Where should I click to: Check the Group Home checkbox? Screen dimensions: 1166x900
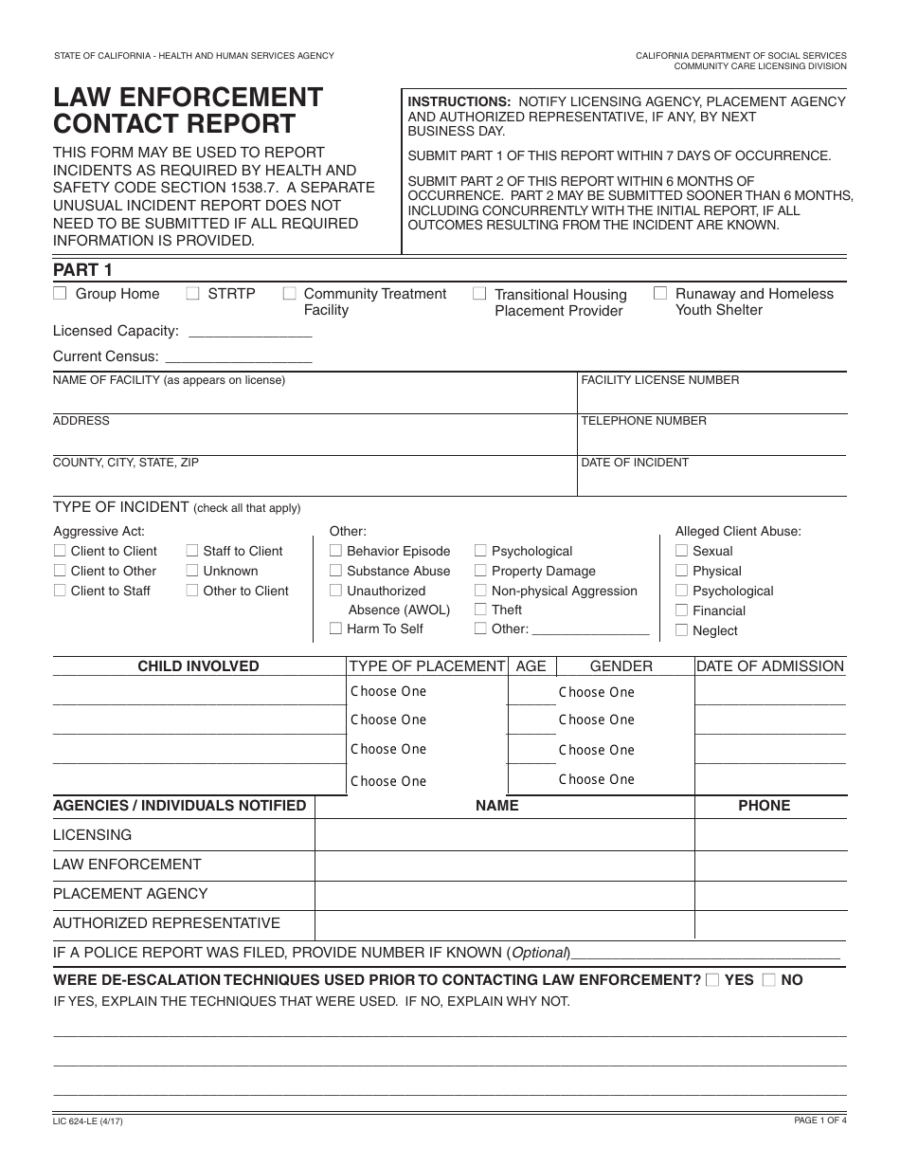click(60, 294)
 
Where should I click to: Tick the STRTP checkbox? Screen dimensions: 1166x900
click(192, 294)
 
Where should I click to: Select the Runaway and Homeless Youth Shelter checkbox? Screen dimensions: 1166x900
click(660, 294)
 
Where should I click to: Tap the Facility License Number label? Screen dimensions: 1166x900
click(659, 380)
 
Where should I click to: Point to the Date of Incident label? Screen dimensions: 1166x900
click(635, 463)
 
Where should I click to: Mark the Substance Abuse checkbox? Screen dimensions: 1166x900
click(335, 571)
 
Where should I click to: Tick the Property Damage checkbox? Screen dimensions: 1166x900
click(480, 571)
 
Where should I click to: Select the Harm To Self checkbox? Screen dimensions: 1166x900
click(335, 629)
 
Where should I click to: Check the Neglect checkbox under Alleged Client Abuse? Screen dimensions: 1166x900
click(681, 630)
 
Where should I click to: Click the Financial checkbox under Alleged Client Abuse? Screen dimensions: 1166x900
click(681, 610)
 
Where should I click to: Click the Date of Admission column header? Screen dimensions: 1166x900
click(769, 666)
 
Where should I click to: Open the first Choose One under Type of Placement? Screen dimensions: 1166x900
click(388, 692)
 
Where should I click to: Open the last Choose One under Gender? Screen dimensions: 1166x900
click(596, 780)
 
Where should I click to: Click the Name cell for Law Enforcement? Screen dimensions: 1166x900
click(504, 865)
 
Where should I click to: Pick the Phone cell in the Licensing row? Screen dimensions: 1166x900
click(770, 835)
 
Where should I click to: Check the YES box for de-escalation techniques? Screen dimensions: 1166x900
click(712, 980)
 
